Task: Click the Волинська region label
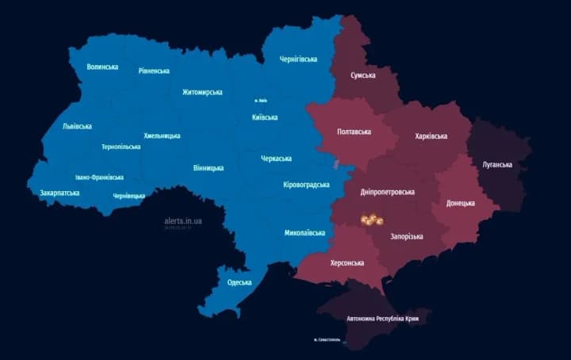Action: tap(102, 67)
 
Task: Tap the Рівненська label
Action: tap(154, 71)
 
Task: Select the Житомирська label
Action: tap(202, 92)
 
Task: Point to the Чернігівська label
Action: tap(299, 59)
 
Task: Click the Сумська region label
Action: tap(363, 75)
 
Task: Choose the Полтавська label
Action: tap(354, 132)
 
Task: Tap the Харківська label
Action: tap(431, 136)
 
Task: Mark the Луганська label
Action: tap(497, 165)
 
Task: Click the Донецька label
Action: tap(461, 203)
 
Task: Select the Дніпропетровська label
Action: tap(387, 192)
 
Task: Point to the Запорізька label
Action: tap(406, 236)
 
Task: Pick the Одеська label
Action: tap(239, 282)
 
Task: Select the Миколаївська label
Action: tap(305, 233)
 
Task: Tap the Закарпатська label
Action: tap(59, 193)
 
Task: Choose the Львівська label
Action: tap(77, 126)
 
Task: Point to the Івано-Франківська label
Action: tap(99, 177)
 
